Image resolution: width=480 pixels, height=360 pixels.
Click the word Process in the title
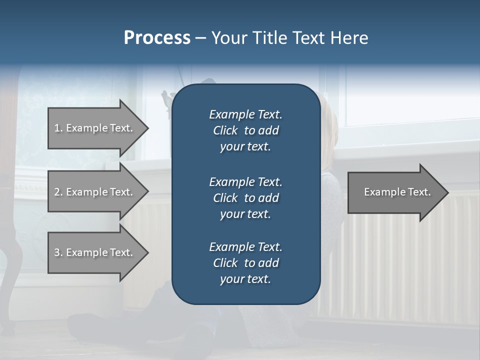click(x=157, y=38)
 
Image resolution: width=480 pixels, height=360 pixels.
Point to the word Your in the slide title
click(x=227, y=38)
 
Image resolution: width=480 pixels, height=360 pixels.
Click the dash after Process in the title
click(x=200, y=38)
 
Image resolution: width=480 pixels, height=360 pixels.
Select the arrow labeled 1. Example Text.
click(x=95, y=128)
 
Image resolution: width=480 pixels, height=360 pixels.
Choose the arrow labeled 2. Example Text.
click(x=95, y=192)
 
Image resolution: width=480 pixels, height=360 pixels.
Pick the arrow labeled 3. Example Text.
click(x=95, y=252)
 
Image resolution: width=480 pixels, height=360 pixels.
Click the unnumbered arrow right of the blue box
click(x=395, y=192)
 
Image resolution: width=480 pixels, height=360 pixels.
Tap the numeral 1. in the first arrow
click(x=58, y=128)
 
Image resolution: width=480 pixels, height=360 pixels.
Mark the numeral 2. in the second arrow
click(x=58, y=192)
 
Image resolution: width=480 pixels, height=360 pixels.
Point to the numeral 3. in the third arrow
click(x=58, y=252)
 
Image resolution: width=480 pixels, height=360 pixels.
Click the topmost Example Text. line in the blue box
click(x=245, y=114)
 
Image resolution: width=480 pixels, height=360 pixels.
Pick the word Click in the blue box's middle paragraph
click(x=225, y=198)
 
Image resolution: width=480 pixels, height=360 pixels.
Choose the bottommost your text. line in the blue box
click(x=245, y=279)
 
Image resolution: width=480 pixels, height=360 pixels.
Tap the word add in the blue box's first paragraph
click(x=269, y=131)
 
